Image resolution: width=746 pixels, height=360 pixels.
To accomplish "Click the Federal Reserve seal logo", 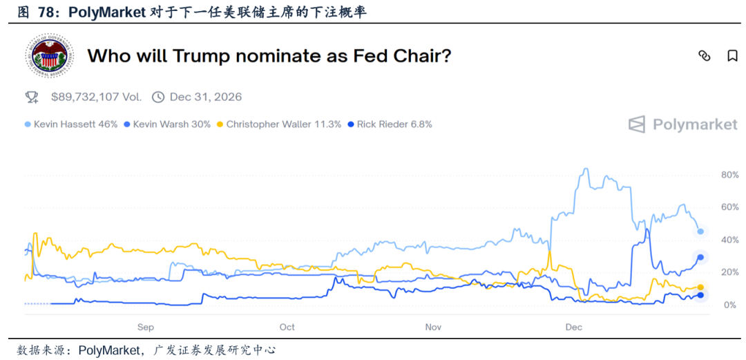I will coord(49,56).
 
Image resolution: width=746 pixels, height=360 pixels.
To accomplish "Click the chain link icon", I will coord(705,56).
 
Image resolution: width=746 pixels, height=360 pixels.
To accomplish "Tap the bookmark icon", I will coord(732,56).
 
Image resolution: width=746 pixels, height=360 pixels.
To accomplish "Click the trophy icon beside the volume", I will coord(31,97).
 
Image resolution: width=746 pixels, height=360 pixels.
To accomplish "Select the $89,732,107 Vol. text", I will coord(95,97).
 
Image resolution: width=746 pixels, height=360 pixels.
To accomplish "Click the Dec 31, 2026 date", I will coord(205,97).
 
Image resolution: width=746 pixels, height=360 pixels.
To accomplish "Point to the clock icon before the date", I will coord(158,97).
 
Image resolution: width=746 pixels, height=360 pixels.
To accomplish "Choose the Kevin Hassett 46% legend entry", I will coord(71,124).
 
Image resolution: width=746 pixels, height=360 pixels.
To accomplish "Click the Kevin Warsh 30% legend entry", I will coord(167,124).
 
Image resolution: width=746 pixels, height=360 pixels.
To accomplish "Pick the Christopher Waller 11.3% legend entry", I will coord(279,124).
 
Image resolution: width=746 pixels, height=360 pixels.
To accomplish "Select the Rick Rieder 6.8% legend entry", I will coord(390,124).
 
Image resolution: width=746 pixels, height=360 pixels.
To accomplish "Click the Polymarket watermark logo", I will coord(682,124).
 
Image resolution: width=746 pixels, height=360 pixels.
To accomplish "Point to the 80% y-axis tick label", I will coord(730,175).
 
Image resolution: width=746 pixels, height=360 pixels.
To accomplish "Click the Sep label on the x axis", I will coord(145,327).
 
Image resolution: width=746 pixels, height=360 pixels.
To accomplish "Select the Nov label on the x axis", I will coord(433,327).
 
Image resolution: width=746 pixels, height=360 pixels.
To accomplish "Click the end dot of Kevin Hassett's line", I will coord(700,231).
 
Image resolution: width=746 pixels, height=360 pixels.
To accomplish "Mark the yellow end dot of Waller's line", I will coord(700,287).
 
